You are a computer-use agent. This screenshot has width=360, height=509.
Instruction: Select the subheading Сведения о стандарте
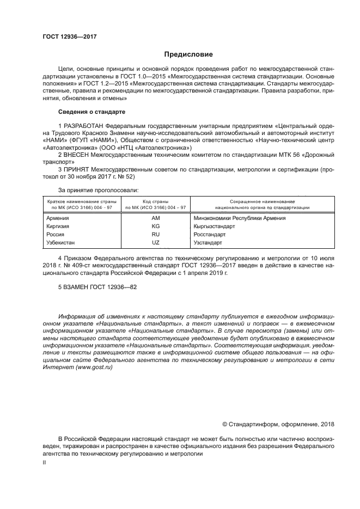tap(91, 112)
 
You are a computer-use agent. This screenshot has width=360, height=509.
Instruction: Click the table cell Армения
tap(58, 218)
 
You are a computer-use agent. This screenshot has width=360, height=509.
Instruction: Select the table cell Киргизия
tap(59, 226)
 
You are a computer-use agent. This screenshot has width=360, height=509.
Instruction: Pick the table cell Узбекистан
tap(62, 242)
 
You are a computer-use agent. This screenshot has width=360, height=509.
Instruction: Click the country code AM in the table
tap(155, 218)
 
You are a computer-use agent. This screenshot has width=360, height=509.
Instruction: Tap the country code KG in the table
tap(155, 226)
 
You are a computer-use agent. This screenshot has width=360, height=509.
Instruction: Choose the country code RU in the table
tap(155, 234)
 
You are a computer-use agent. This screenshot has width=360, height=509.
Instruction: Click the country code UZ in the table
tap(155, 242)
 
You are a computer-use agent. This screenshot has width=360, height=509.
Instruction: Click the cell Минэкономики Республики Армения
tap(240, 218)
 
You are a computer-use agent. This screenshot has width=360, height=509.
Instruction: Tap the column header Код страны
tap(155, 201)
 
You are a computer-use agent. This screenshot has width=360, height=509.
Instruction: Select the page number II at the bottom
tap(45, 462)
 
